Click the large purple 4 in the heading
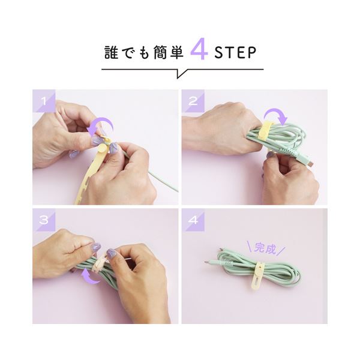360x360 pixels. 199,51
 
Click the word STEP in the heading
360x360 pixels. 235,53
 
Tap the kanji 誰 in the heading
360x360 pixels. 112,53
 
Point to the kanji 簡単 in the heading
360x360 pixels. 167,53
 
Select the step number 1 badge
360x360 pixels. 44,101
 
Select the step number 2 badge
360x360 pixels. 193,101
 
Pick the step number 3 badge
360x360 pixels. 44,220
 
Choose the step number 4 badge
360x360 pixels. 193,220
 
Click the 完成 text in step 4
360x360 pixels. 266,248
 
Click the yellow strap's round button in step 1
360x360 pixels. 101,149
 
